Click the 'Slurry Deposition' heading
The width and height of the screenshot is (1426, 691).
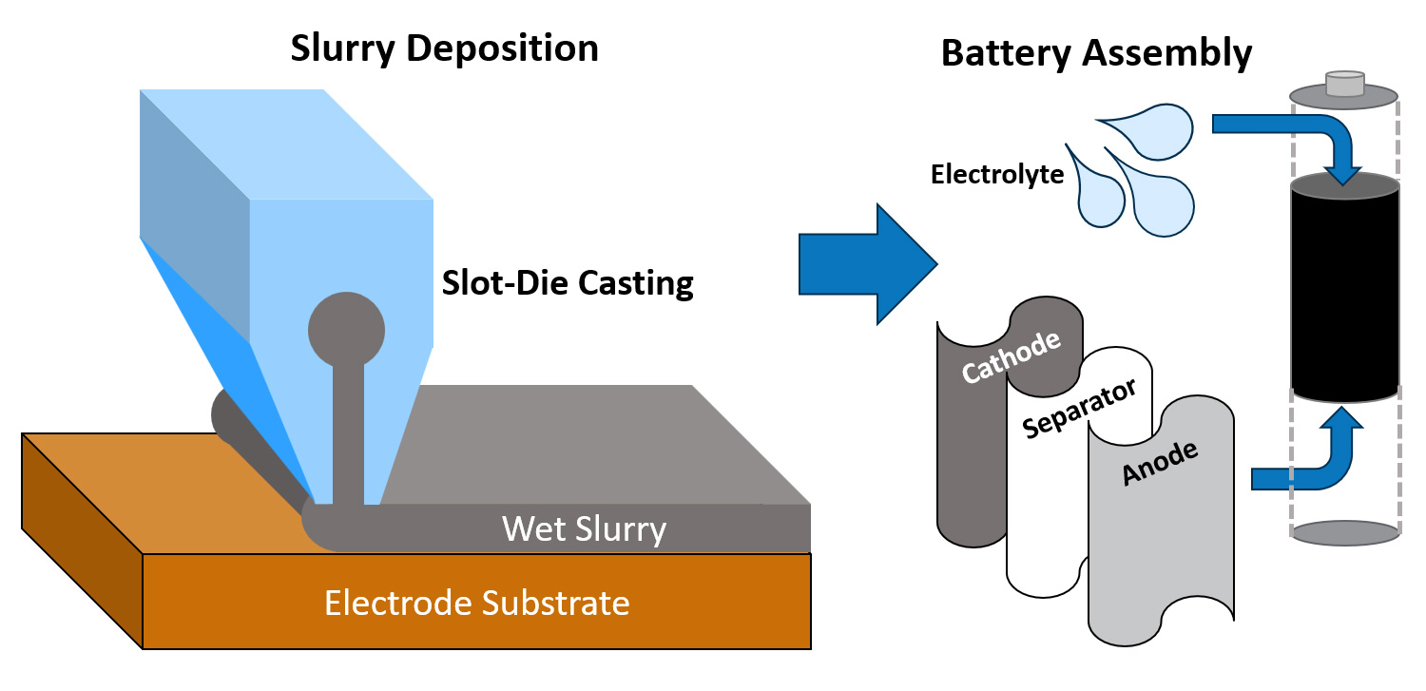click(x=445, y=48)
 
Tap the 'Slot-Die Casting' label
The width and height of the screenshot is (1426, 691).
click(x=568, y=283)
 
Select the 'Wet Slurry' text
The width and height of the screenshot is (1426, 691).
click(x=584, y=528)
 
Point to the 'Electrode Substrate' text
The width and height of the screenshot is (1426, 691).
click(x=476, y=603)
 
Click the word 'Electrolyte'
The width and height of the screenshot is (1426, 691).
click(x=997, y=175)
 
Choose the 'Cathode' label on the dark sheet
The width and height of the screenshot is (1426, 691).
click(x=1010, y=357)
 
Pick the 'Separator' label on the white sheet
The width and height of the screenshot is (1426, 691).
click(x=1079, y=410)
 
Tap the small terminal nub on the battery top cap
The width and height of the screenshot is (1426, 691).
click(x=1344, y=84)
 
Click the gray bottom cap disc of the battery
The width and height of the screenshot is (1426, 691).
click(x=1344, y=534)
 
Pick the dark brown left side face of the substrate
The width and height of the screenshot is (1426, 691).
click(x=81, y=537)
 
